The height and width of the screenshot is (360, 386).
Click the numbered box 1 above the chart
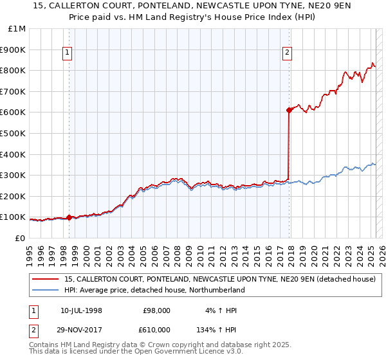[68, 53]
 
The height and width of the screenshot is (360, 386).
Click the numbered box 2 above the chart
[287, 53]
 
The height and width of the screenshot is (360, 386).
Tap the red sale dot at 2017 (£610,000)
[289, 111]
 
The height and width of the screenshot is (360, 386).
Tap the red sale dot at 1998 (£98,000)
[69, 217]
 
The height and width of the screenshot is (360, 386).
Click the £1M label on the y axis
[17, 28]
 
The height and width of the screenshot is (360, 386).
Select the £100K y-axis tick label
[13, 217]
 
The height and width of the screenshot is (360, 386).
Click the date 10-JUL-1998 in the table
[81, 310]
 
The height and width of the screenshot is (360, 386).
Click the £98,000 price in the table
[157, 310]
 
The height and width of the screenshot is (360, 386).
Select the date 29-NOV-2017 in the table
[82, 329]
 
